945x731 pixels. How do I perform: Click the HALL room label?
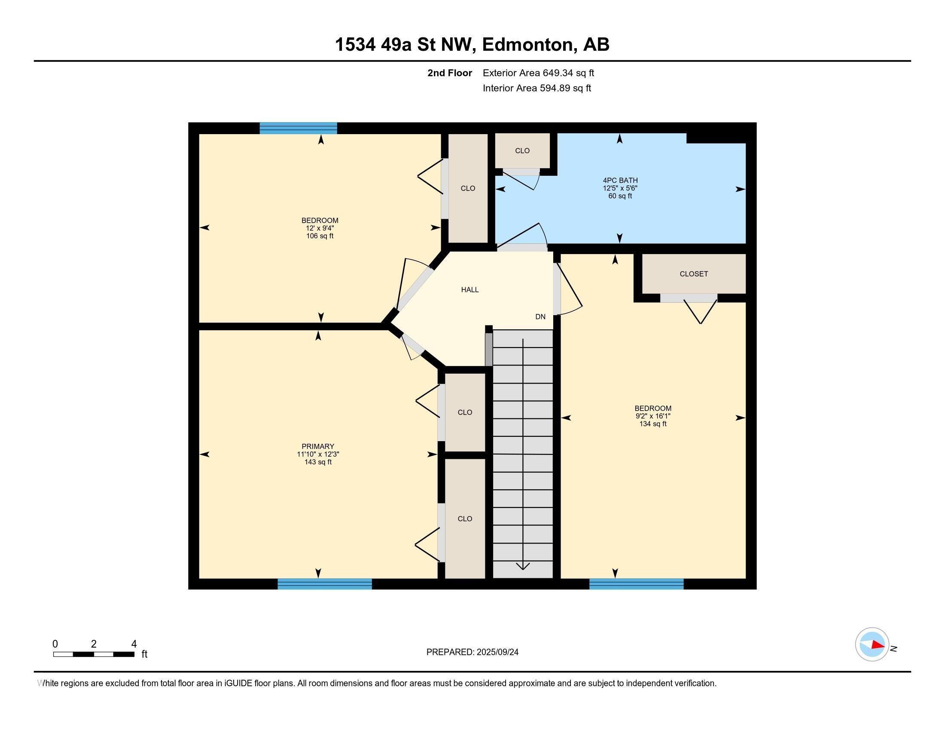[469, 290]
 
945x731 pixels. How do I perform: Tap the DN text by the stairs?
[540, 316]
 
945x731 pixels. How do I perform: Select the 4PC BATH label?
[620, 180]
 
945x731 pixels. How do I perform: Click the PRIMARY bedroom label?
[318, 446]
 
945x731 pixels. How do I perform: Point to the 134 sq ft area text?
[652, 424]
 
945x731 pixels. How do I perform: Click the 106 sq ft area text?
[320, 236]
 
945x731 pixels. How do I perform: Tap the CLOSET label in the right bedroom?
[694, 273]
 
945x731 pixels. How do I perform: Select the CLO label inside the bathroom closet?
[522, 150]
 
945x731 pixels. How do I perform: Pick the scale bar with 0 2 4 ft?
[94, 654]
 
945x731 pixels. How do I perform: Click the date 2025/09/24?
[497, 652]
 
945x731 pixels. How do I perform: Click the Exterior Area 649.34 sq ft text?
[538, 73]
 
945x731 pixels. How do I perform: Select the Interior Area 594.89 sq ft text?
[537, 88]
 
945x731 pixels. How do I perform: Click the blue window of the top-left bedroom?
[298, 128]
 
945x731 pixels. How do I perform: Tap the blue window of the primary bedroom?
[324, 584]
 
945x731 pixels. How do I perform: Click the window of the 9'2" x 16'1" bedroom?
[636, 584]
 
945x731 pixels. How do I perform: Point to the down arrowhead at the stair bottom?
[523, 565]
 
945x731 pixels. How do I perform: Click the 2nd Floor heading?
[450, 73]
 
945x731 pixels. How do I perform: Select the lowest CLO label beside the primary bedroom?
[465, 519]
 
